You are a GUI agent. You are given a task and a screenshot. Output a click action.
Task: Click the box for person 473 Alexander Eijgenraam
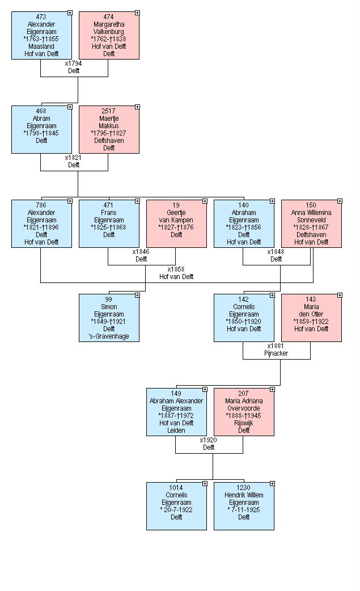click(41, 35)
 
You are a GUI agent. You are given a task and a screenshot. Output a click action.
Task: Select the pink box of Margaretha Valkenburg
click(109, 35)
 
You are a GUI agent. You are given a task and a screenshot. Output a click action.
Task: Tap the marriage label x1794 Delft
click(74, 67)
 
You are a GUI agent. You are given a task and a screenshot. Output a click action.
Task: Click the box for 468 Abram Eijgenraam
click(41, 129)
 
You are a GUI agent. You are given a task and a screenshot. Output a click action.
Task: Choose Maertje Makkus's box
click(109, 129)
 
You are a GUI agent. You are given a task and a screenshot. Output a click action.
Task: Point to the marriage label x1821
click(74, 162)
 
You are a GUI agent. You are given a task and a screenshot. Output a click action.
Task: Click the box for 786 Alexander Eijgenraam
click(41, 223)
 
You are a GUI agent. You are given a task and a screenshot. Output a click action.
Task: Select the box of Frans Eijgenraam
click(109, 223)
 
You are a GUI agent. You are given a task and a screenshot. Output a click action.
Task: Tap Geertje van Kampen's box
click(176, 223)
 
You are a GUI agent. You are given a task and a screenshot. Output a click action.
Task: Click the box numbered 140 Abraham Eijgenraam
click(244, 223)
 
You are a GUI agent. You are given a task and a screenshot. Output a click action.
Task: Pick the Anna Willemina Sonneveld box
click(311, 223)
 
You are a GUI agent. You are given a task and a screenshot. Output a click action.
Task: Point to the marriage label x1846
click(141, 255)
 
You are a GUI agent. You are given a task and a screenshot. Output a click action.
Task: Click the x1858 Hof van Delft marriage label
click(176, 273)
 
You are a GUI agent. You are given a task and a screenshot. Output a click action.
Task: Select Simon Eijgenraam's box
click(109, 318)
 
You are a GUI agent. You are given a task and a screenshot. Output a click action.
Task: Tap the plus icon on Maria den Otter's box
click(340, 295)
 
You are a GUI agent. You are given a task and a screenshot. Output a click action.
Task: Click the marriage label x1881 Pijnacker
click(276, 349)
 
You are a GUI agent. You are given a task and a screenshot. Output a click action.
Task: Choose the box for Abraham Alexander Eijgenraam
click(176, 412)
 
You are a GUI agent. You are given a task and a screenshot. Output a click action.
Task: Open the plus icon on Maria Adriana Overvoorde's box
click(272, 390)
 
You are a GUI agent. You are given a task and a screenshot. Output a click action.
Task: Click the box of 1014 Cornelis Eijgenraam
click(176, 506)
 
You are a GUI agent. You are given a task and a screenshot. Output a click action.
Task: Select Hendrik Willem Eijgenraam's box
click(244, 506)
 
